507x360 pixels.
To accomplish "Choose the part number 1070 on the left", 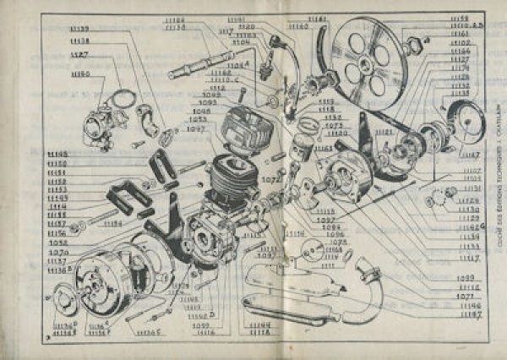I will [x=58, y=251].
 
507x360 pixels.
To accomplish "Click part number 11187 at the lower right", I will [x=470, y=314].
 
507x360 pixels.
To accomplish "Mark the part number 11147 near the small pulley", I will [x=470, y=156].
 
